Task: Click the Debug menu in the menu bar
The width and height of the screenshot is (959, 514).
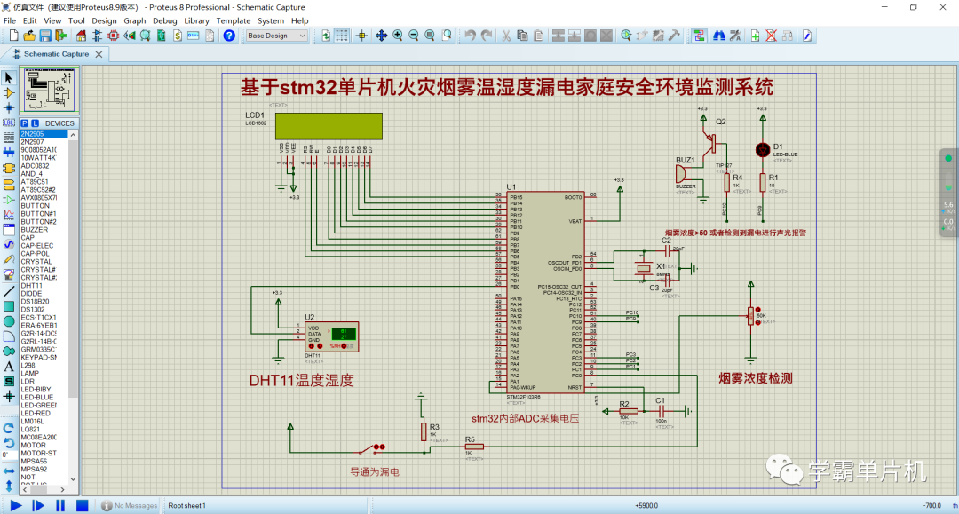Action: tap(164, 20)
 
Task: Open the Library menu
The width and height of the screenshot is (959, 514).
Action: tap(196, 20)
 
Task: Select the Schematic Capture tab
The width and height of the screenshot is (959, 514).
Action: tap(55, 53)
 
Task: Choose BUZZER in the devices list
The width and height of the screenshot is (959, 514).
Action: tap(35, 229)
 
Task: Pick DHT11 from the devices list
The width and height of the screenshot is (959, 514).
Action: tap(32, 285)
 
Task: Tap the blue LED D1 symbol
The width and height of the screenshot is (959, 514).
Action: tap(761, 149)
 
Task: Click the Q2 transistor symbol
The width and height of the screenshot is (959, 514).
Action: tap(710, 141)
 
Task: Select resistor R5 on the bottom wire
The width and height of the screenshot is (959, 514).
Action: tap(473, 447)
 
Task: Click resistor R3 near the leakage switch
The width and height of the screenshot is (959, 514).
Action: tap(423, 431)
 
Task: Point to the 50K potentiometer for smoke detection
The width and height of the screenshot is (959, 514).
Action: tap(751, 315)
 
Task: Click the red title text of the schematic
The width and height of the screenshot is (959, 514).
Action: tap(506, 88)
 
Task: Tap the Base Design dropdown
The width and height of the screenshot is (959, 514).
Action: tap(276, 36)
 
